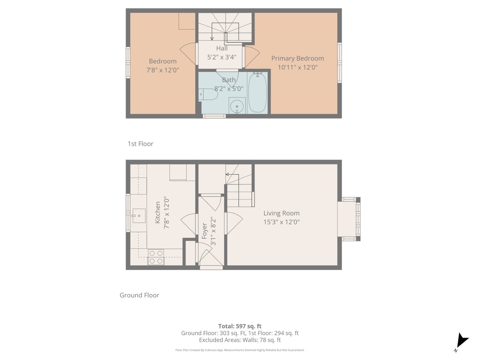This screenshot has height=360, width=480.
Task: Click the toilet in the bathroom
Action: [208, 94]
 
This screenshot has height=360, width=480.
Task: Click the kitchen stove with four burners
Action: [156, 257]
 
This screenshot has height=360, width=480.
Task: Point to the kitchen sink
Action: [139, 216]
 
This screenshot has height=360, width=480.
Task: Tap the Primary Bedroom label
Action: [297, 58]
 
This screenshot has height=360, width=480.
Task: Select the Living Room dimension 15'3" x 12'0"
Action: [281, 222]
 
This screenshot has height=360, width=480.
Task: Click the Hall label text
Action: [222, 48]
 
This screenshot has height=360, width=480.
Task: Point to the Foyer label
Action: [204, 231]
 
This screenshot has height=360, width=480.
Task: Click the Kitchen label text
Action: [158, 212]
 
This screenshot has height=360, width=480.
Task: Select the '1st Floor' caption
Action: [140, 144]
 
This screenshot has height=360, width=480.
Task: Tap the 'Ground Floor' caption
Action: [139, 295]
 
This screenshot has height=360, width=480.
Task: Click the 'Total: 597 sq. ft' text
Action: [240, 326]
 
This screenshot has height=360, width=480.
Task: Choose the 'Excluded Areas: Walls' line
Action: [240, 340]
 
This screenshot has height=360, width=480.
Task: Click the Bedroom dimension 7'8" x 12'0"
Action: [163, 70]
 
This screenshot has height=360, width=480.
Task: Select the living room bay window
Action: [349, 219]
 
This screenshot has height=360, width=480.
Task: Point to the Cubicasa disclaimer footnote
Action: [240, 350]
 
